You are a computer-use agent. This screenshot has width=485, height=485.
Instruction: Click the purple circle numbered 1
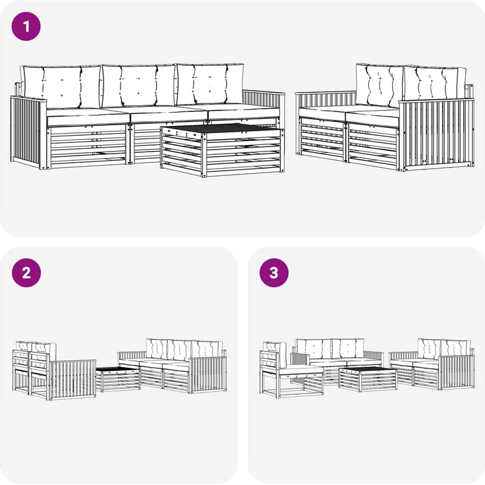coord(26,26)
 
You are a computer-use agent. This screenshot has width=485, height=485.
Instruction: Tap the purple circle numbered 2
coord(26,273)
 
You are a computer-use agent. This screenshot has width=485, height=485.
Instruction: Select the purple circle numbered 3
coord(274,273)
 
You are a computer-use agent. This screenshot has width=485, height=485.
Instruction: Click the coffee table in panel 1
coord(222,150)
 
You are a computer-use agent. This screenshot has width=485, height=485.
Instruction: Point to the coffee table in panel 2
coord(118,379)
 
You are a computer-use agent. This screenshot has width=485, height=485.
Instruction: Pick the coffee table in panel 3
coord(368,379)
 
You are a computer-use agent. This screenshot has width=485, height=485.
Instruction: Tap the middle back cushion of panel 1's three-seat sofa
coord(138,86)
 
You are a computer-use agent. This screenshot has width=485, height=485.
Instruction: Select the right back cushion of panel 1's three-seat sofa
coord(210,84)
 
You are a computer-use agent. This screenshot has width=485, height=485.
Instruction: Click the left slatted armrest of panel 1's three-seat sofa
coord(28,132)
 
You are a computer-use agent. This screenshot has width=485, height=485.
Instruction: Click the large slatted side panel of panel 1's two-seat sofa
coord(436,134)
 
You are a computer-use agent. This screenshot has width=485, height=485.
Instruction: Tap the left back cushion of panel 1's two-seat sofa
coord(379,85)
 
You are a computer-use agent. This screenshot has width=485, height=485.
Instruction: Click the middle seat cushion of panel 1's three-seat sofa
coord(169,114)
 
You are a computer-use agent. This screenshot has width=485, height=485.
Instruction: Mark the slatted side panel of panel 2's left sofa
coord(73,379)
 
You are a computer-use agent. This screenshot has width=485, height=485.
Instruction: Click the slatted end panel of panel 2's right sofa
coord(208,374)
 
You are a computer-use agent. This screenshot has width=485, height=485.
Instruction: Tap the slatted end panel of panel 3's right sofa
coord(457,372)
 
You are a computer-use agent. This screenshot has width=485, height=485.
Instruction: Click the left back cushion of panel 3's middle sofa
coord(314,349)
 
